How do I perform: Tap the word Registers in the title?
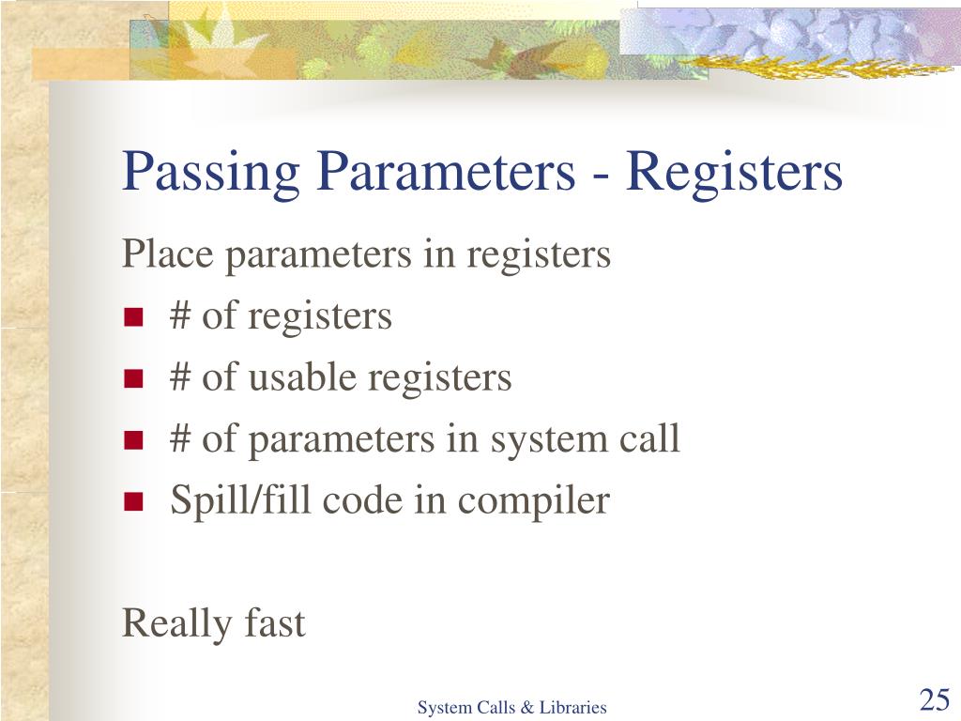[735, 172]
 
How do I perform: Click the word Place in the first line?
[165, 253]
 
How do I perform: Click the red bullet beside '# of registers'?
[132, 318]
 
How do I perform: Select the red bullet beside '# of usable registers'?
[132, 380]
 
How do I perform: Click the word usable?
[302, 377]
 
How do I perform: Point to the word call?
[648, 438]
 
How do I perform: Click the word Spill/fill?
[241, 500]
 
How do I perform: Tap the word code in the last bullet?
[362, 500]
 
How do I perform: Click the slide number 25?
[934, 700]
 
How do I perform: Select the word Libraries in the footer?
[572, 708]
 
